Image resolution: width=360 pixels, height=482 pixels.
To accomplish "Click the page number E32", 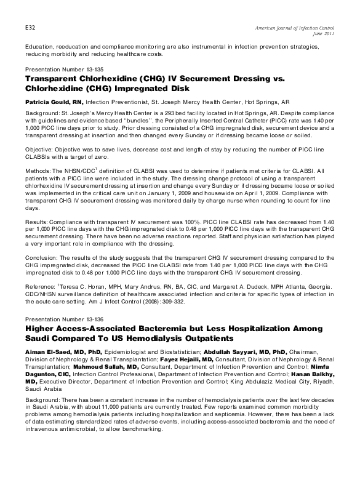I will tap(29, 29).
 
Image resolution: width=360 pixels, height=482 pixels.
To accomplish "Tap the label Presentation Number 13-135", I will tap(59, 70).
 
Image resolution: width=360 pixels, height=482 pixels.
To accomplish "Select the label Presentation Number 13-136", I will tap(59, 319).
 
